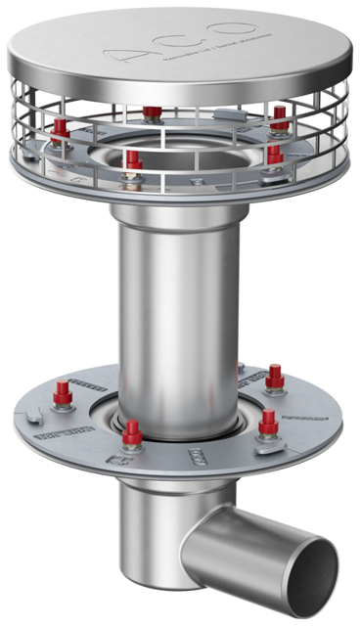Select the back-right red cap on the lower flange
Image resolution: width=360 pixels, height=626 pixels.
click(275, 374)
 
